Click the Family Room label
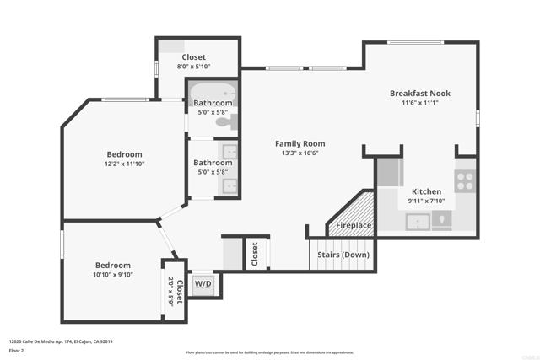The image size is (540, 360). coord(300,144)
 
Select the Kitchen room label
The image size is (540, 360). coord(425,191)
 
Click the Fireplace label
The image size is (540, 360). coord(353,226)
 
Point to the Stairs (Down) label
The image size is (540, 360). coord(342,254)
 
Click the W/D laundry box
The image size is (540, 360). coord(203,284)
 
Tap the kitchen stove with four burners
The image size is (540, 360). coord(465,178)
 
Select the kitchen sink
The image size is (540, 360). coord(418,222)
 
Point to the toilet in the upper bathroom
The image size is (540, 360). coord(224,122)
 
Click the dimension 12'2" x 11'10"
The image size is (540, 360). coord(124,165)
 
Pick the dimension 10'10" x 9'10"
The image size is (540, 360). coord(112,275)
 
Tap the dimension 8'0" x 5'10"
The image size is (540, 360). coord(193,67)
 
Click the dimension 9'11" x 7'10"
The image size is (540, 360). coord(425,201)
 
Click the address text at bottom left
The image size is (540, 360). coord(61,341)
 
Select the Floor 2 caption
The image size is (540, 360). coord(17,350)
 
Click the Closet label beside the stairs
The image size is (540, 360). coord(255,255)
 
